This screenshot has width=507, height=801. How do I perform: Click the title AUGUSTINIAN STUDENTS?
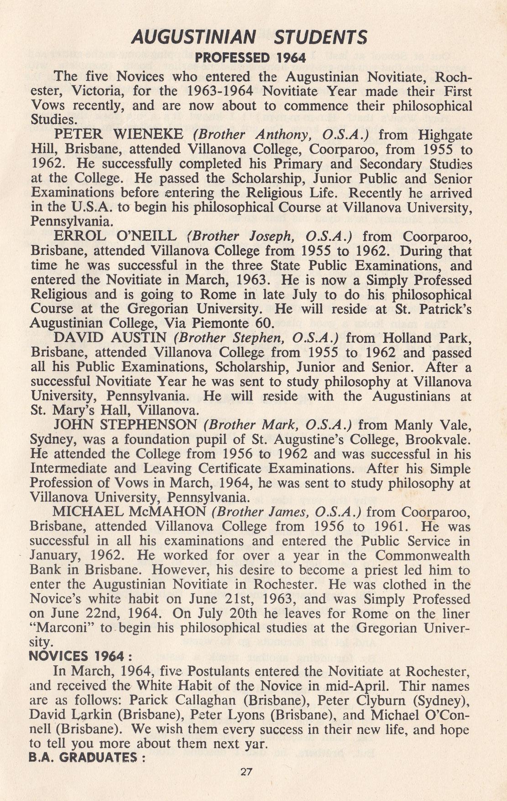(x=249, y=37)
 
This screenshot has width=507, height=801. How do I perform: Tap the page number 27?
(x=246, y=772)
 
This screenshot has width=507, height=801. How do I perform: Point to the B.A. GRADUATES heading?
(x=87, y=758)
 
